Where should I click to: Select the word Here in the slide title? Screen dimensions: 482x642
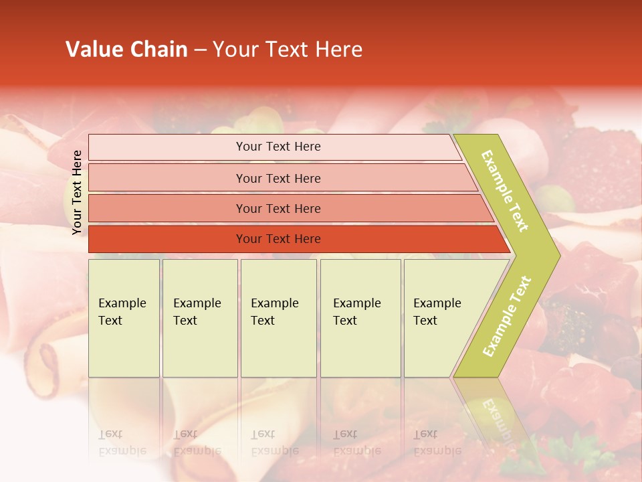pyautogui.click(x=338, y=50)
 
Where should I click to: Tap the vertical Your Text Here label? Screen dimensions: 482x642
pyautogui.click(x=77, y=192)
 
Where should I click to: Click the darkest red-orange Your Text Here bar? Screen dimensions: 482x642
pyautogui.click(x=278, y=239)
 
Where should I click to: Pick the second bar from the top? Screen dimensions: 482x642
pyautogui.click(x=278, y=178)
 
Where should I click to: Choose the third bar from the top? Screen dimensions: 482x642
pyautogui.click(x=278, y=208)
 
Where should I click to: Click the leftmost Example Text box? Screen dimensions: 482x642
pyautogui.click(x=124, y=318)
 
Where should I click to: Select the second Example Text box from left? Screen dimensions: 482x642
pyautogui.click(x=199, y=318)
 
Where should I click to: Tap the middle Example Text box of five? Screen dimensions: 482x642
pyautogui.click(x=278, y=318)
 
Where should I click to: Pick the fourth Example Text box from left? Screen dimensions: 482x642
pyautogui.click(x=360, y=318)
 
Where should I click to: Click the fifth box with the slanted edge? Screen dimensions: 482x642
pyautogui.click(x=441, y=318)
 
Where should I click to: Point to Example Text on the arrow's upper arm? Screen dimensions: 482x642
pyautogui.click(x=505, y=191)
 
